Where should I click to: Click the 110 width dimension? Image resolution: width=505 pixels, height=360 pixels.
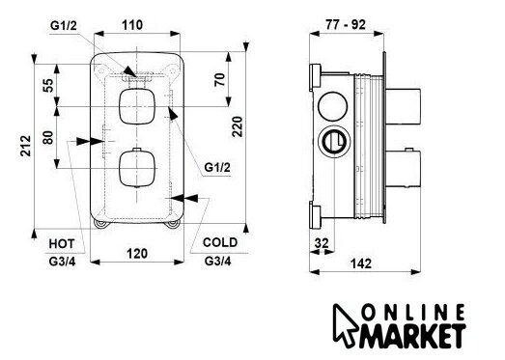coord(132,25)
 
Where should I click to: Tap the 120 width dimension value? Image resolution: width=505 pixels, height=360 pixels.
coord(137,254)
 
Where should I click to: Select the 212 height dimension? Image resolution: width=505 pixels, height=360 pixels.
coord(26,146)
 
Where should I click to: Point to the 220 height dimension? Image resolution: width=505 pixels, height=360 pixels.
coord(238,126)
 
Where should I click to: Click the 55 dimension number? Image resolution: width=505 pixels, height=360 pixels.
coord(48,85)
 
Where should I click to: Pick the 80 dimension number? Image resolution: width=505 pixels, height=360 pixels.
coord(48,137)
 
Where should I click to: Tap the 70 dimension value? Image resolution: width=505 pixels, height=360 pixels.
coord(219,79)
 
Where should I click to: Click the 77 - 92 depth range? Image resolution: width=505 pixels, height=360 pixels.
coord(346,24)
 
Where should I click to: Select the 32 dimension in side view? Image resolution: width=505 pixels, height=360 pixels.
coord(322,243)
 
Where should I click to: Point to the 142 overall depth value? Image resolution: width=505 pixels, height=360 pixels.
coord(361,263)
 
